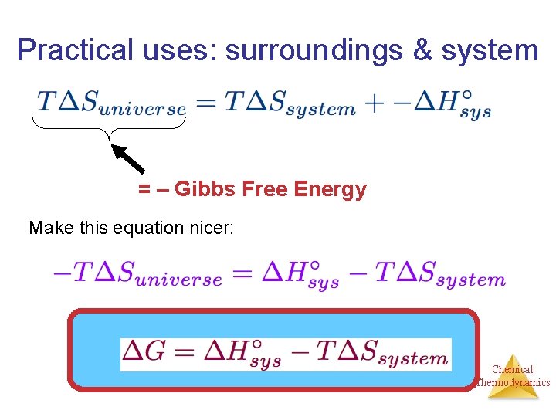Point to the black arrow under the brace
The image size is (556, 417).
tap(128, 158)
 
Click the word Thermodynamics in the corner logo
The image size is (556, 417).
tap(513, 382)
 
